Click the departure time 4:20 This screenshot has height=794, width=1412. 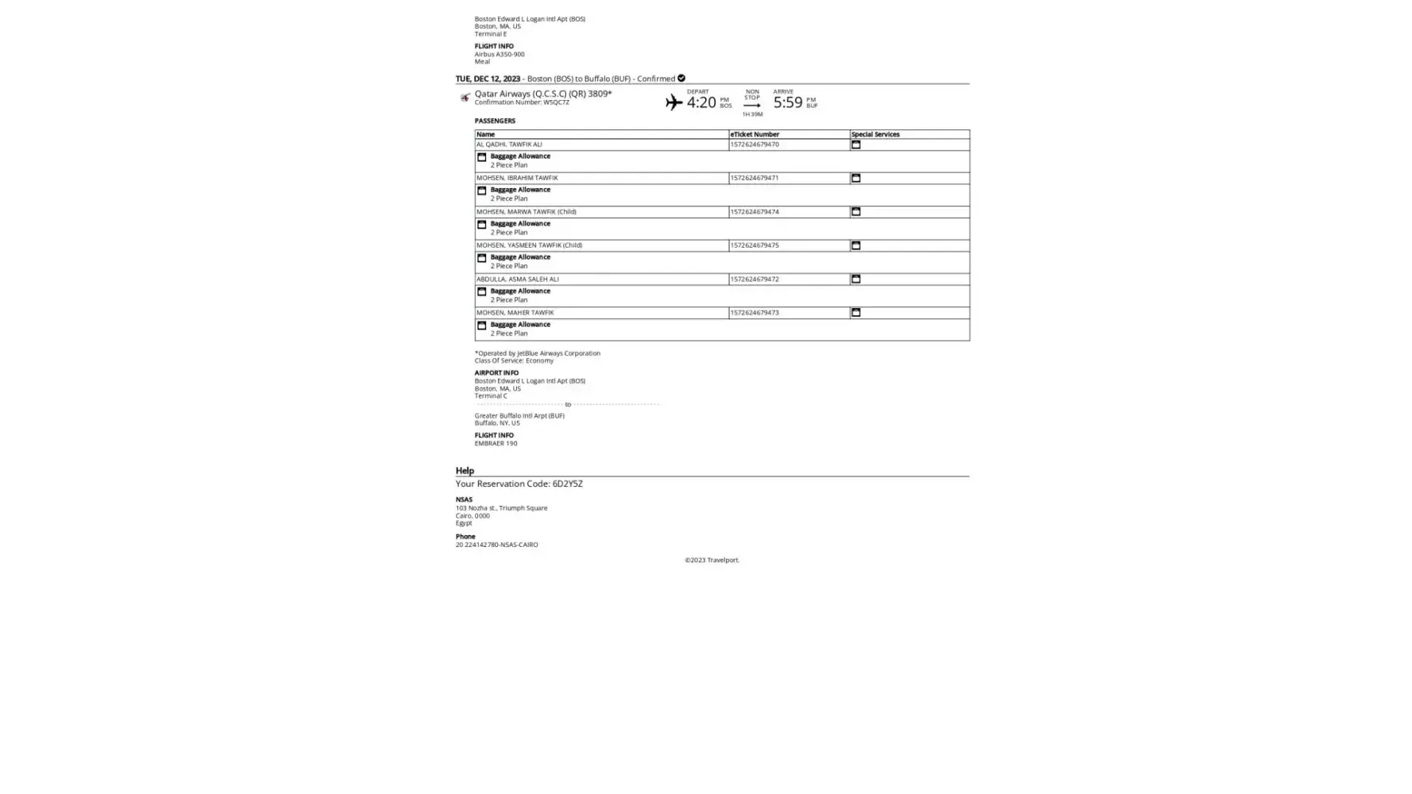[700, 102]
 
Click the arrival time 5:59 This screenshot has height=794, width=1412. [787, 102]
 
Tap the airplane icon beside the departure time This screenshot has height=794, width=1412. [673, 102]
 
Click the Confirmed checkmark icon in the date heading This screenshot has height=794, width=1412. [681, 79]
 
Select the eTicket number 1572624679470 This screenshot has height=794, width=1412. [754, 145]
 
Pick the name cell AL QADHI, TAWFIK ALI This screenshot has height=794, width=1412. [509, 145]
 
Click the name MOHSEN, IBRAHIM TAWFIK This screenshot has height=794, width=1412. [517, 178]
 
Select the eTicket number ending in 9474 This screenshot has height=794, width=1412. [754, 212]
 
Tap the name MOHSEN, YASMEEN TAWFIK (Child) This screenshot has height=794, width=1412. [529, 245]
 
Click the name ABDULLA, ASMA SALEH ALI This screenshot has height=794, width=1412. [518, 279]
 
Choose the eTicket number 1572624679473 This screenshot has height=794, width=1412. [754, 313]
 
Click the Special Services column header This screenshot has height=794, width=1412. [875, 134]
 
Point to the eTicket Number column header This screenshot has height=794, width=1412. [754, 134]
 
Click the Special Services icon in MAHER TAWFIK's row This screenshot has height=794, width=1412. [855, 313]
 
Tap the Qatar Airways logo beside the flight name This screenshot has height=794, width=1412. [465, 98]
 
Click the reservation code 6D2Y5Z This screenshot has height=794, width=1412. [567, 484]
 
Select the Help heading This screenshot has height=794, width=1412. [465, 471]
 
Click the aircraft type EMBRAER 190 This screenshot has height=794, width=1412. [496, 443]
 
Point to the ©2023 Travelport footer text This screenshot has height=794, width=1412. [712, 561]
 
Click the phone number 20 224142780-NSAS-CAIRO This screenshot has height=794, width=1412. [496, 545]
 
